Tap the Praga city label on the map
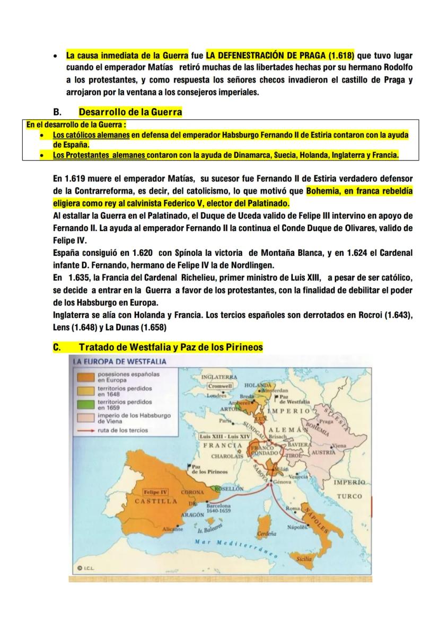point(327,421)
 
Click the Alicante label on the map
point(173,529)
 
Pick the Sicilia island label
point(304,558)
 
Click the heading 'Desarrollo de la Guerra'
point(130,112)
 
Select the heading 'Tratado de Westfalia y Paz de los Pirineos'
point(171,348)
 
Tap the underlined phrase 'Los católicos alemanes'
point(91,136)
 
